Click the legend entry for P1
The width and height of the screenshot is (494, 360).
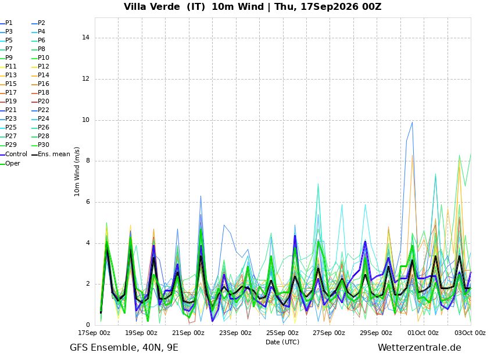6,23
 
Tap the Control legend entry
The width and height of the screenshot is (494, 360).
14,154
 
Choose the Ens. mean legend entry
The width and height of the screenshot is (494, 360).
51,154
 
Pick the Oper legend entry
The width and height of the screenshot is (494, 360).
10,163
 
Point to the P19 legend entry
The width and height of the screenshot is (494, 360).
9,102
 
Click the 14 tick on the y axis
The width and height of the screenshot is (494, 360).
85,37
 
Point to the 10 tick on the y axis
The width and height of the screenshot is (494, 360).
85,120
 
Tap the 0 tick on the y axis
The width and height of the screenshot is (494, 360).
88,325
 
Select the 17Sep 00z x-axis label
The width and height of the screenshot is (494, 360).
94,333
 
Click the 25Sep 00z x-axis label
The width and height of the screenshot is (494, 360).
282,333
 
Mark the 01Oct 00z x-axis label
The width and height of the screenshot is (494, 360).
423,333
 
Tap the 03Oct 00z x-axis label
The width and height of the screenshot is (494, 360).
470,333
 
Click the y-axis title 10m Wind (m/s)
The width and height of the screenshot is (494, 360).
77,171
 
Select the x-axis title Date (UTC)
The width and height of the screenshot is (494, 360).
282,342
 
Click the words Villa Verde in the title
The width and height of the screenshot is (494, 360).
152,6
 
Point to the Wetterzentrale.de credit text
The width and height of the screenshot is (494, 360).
420,348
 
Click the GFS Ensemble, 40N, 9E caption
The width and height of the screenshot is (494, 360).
124,348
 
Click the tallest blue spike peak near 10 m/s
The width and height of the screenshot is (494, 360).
412,122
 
